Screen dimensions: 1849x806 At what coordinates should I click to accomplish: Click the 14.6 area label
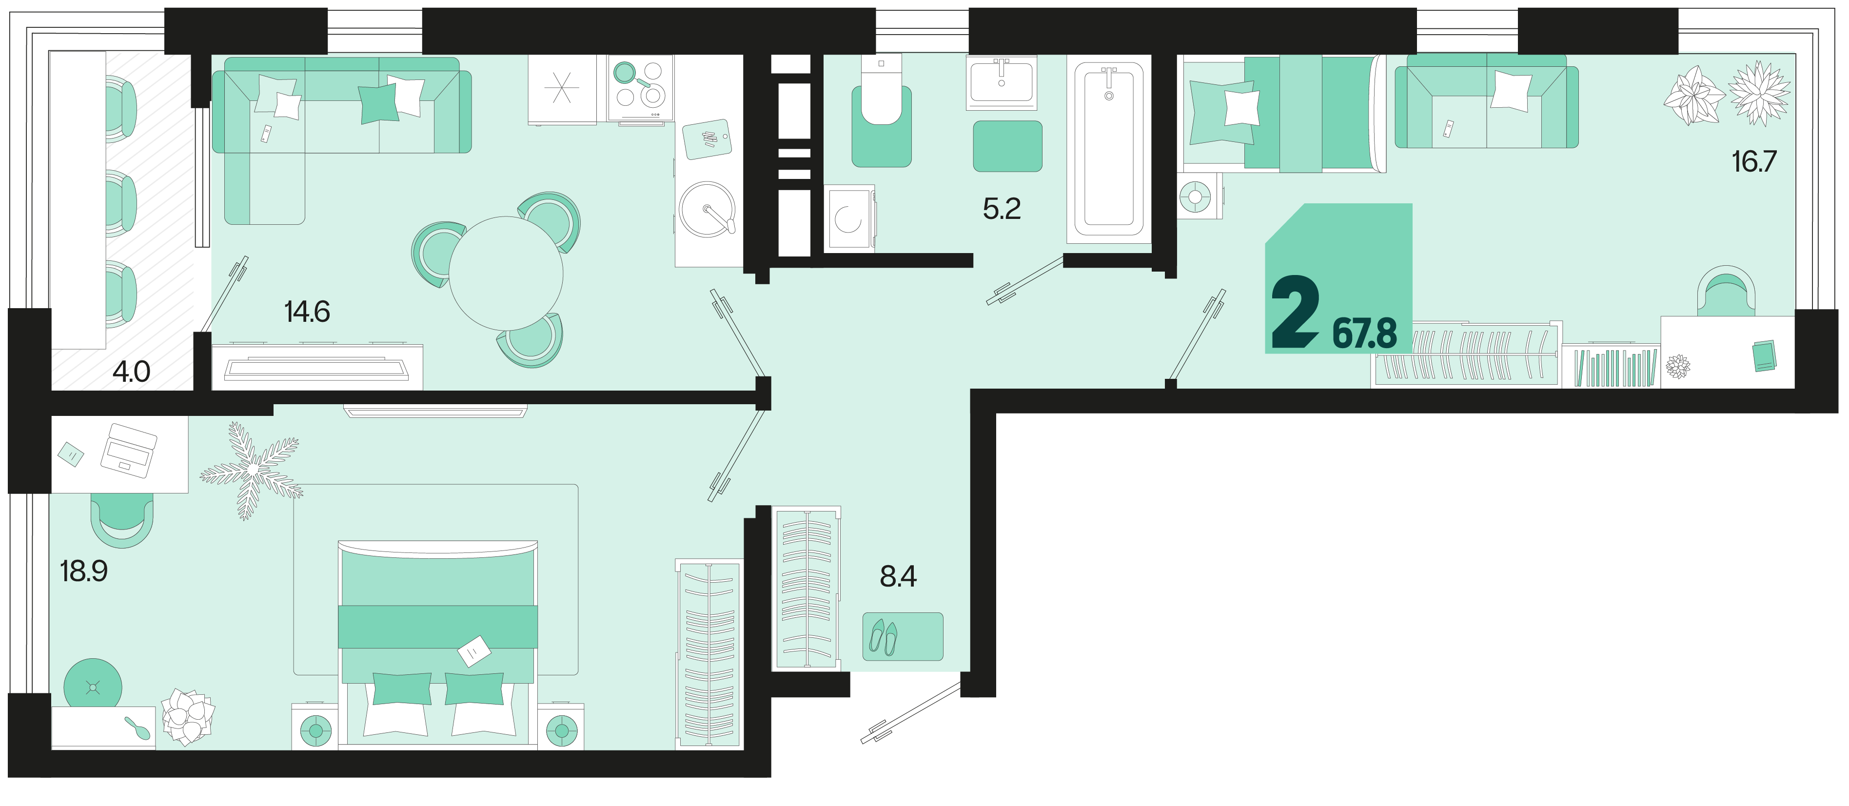click(307, 312)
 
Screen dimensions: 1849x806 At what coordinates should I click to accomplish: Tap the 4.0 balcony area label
click(131, 371)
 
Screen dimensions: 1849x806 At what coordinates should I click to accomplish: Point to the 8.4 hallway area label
click(898, 576)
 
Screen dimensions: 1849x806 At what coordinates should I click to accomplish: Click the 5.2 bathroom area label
click(1002, 208)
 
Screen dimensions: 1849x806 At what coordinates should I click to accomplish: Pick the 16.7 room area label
click(1753, 161)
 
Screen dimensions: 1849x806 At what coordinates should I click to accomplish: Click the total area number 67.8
click(1364, 334)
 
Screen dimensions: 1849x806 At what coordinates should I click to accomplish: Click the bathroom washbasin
click(1002, 82)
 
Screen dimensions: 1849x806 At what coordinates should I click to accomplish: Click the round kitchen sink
click(707, 209)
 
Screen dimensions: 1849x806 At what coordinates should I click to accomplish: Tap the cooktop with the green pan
click(640, 89)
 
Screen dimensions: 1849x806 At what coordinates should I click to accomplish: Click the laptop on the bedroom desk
click(128, 450)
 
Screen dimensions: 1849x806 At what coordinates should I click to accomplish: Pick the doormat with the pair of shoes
click(902, 636)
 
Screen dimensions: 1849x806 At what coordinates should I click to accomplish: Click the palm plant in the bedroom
click(251, 470)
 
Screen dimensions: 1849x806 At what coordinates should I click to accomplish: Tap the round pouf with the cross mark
click(93, 687)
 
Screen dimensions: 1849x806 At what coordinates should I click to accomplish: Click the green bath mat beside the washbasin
click(1007, 146)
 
